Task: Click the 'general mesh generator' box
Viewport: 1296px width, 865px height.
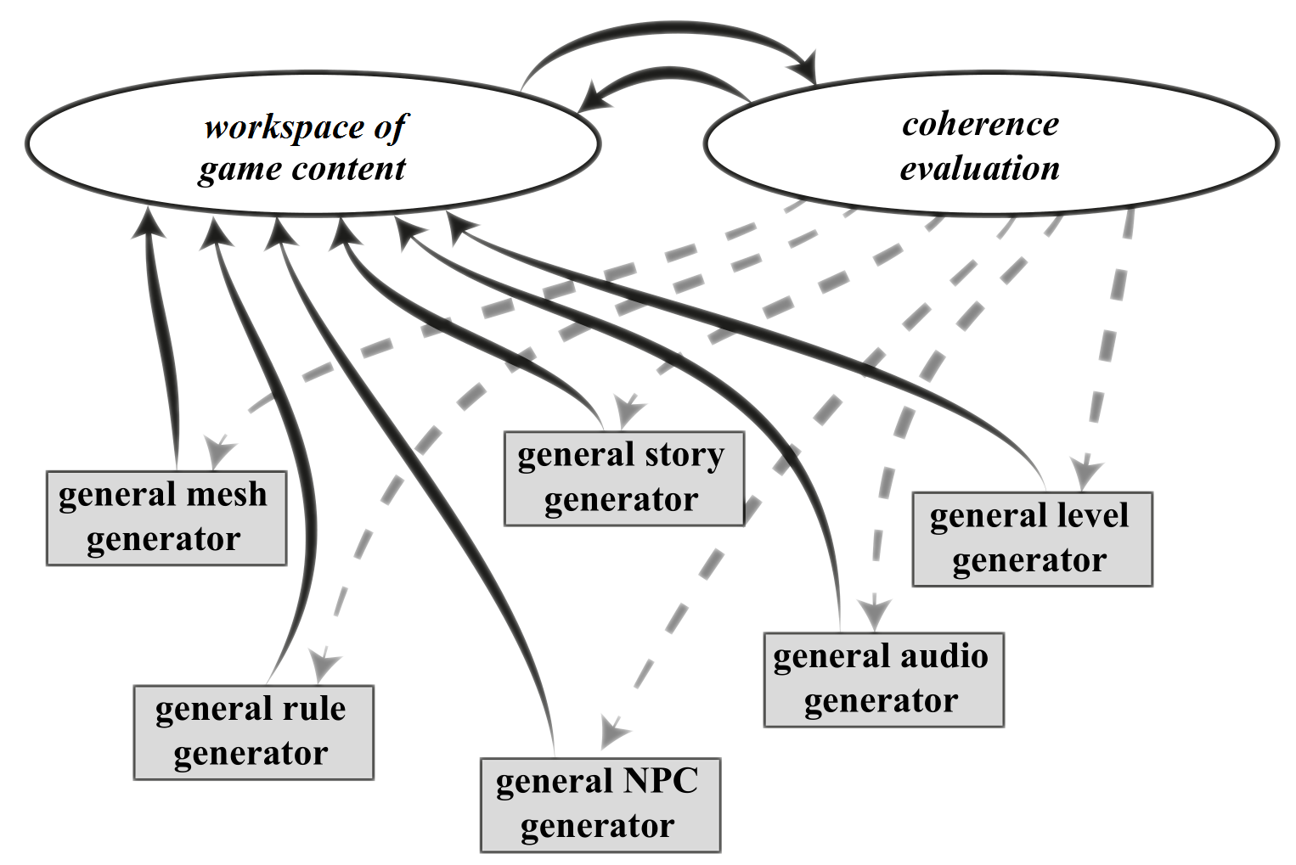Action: (166, 518)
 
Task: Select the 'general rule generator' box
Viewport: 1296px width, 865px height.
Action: (253, 732)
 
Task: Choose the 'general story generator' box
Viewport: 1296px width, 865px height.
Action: (623, 478)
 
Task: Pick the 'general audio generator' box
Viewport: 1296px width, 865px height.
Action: (883, 679)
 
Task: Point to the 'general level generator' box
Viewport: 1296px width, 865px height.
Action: (1032, 538)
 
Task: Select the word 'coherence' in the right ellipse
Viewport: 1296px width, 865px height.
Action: (980, 124)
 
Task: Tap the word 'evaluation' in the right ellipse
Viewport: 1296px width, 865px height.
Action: (980, 168)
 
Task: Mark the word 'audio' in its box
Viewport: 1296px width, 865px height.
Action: (943, 656)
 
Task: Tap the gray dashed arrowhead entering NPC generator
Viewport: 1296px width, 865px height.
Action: (613, 732)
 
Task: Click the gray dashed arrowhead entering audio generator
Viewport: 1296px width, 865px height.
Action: (874, 613)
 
